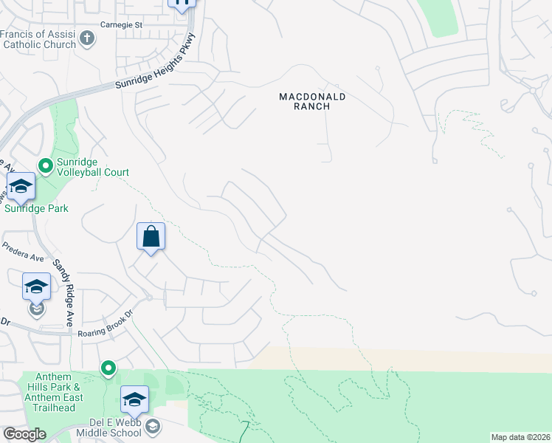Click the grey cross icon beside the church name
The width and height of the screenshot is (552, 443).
coord(88,39)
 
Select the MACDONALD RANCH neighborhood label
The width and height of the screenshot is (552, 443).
coord(312,101)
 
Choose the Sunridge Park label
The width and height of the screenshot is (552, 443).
coord(36,208)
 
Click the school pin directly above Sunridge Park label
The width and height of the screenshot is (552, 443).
coord(21,188)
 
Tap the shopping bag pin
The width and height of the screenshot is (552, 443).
coord(151,238)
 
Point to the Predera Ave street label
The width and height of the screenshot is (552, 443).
coord(24,252)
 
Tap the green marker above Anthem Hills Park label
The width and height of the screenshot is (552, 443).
coord(108,367)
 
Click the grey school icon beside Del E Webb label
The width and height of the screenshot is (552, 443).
coord(153,426)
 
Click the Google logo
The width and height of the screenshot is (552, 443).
coord(24,434)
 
